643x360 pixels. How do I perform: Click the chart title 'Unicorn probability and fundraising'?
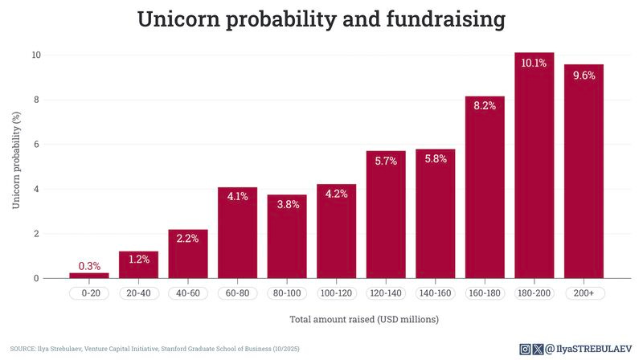(x=321, y=19)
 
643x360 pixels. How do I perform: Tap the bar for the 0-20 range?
(x=89, y=276)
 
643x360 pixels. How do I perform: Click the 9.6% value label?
(x=584, y=76)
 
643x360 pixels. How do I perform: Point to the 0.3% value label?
(x=89, y=265)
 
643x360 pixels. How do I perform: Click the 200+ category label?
(x=584, y=293)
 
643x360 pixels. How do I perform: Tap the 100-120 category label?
(x=336, y=293)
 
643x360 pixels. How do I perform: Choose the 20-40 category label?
(x=138, y=293)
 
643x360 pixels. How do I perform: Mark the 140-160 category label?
(x=435, y=293)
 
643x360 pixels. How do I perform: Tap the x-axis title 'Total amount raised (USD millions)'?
(x=363, y=320)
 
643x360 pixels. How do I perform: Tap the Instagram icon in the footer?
(x=525, y=349)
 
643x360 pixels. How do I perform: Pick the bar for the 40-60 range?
(x=188, y=254)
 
